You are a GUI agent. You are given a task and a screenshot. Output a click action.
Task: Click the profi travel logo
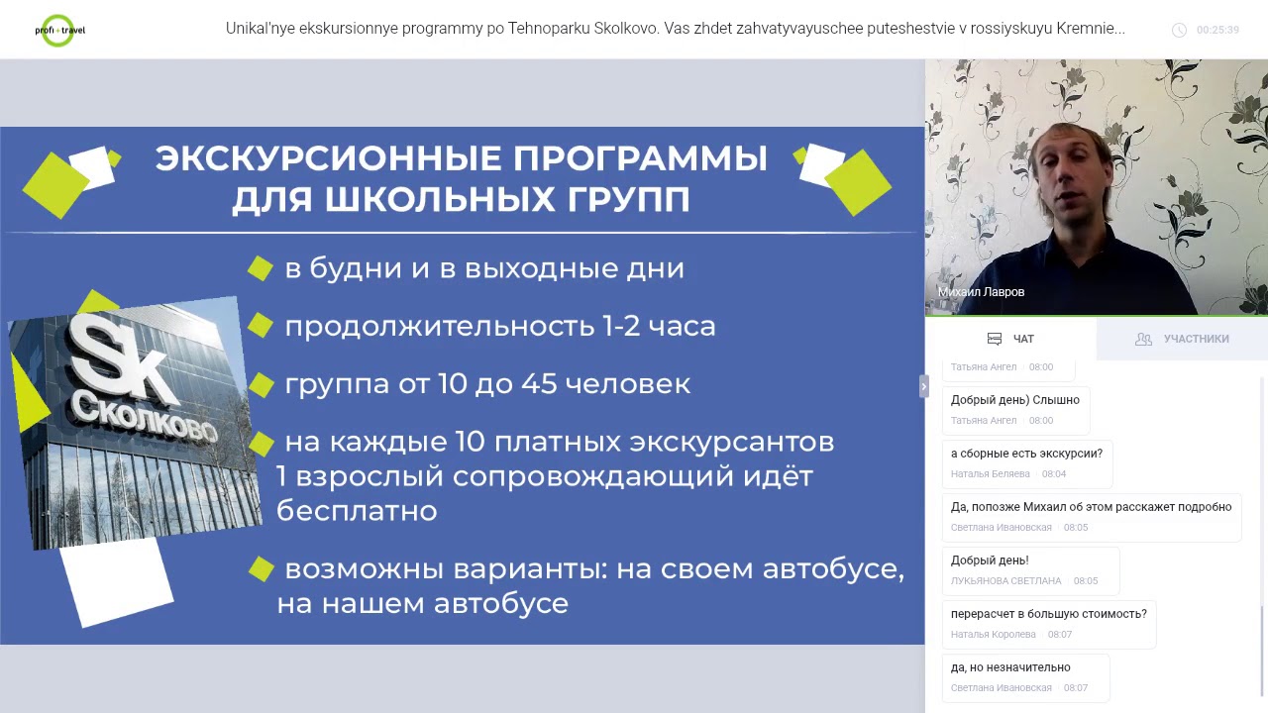click(x=59, y=30)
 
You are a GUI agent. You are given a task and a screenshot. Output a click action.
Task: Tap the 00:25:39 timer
click(x=1216, y=30)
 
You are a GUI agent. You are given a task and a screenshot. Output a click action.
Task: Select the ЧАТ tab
click(x=1011, y=339)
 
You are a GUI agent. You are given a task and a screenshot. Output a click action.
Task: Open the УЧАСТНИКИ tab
click(x=1183, y=339)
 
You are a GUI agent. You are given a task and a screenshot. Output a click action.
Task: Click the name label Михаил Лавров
click(x=981, y=292)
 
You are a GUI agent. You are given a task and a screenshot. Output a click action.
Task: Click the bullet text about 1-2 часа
click(x=499, y=326)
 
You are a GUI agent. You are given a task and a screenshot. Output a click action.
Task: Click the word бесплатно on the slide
click(x=357, y=511)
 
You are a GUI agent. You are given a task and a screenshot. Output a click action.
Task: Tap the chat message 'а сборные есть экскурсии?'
click(x=1026, y=454)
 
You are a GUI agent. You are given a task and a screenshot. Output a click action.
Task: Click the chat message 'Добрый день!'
click(x=990, y=560)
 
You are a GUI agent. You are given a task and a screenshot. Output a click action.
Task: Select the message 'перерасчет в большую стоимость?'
click(x=1048, y=614)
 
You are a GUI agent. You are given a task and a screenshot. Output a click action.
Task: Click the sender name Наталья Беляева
click(x=990, y=474)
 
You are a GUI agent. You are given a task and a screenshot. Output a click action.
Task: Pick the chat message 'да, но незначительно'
click(x=1010, y=667)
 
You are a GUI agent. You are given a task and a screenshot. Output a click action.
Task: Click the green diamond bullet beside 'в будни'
click(x=261, y=268)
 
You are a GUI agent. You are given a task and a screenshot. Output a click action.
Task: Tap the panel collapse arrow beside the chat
click(x=923, y=386)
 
